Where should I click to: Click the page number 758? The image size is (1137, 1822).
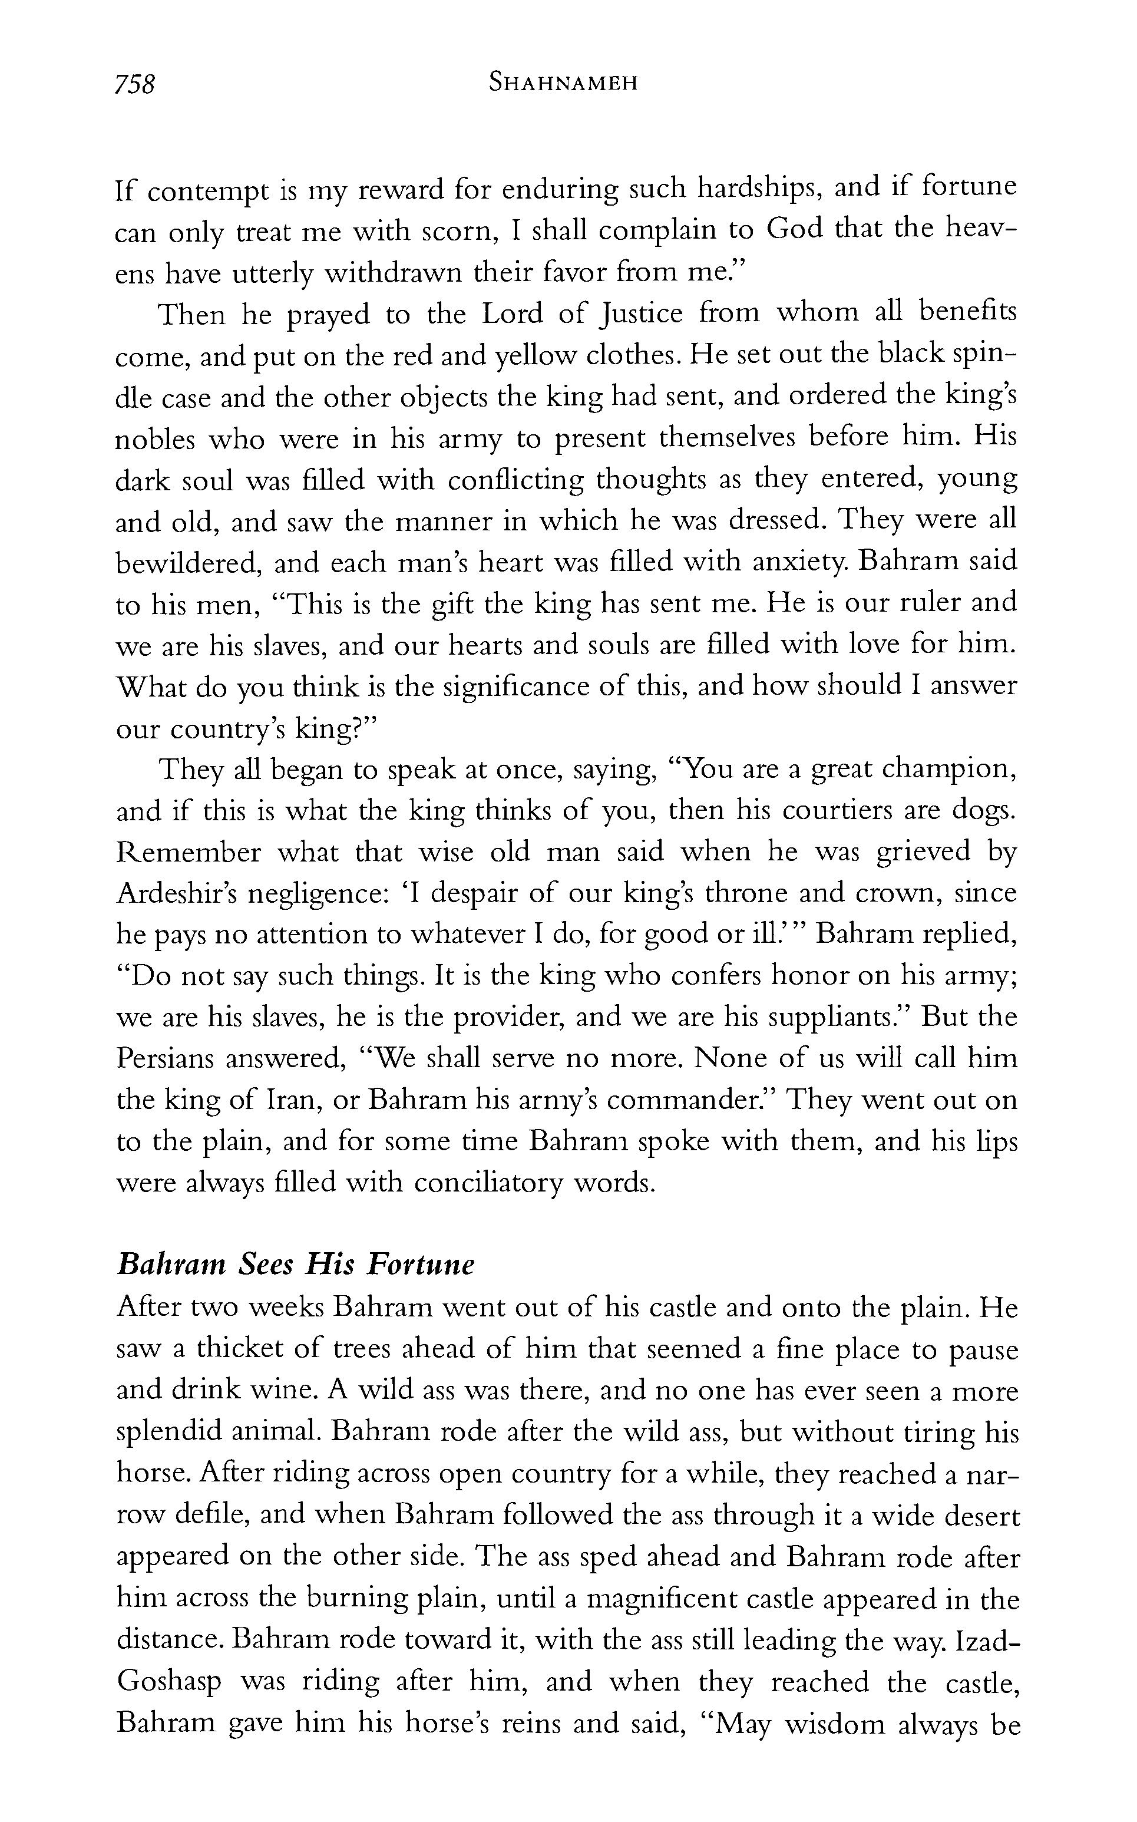coord(134,84)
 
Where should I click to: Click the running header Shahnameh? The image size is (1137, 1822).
coord(563,82)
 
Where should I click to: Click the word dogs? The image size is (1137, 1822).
coord(984,812)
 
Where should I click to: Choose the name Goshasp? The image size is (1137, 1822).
coord(168,1682)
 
